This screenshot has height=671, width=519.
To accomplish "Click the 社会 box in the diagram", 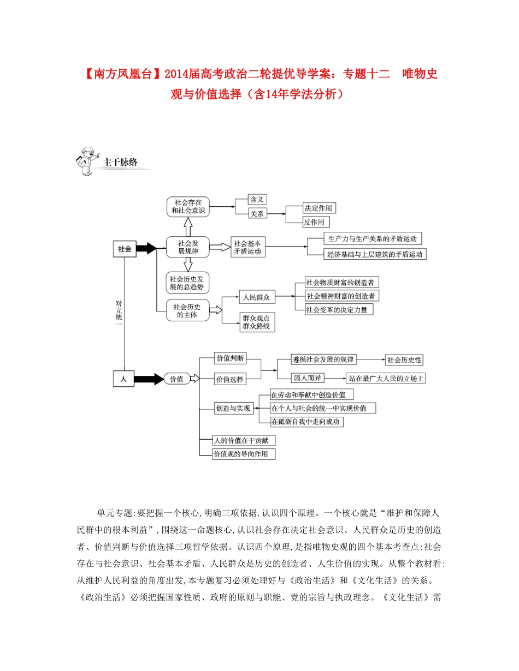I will point(125,249).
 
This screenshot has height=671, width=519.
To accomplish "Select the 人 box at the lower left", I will point(124,379).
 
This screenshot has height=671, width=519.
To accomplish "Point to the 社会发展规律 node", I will point(188,247).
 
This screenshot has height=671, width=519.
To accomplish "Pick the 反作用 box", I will point(316,222).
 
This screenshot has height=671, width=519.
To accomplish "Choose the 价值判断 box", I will point(230,358).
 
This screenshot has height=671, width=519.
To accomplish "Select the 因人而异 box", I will point(308,378).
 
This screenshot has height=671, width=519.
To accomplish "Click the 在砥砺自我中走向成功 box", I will point(307,422).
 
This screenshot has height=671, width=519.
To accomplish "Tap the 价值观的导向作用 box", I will point(244,454).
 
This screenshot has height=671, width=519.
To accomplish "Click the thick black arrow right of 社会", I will point(146,249).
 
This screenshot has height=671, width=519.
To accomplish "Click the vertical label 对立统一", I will point(119,313).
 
